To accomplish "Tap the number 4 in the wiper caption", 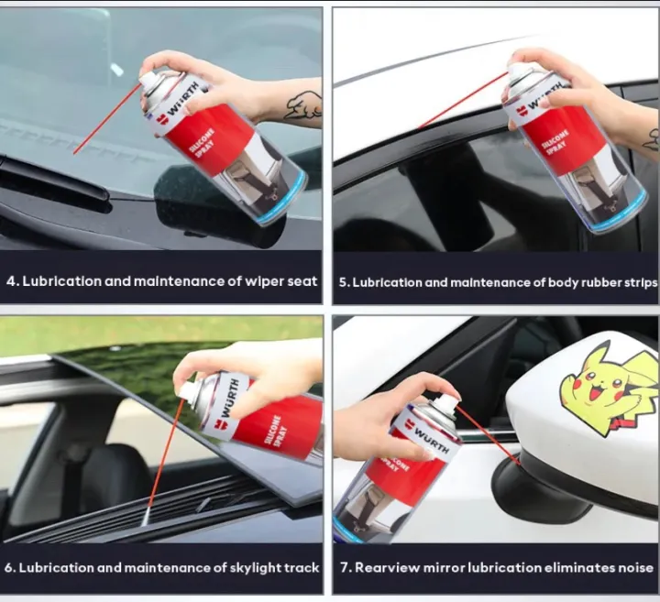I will tap(12, 281).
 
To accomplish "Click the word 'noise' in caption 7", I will tap(631, 567).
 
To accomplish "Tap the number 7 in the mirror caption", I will tap(345, 567).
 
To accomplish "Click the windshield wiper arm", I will tap(55, 175).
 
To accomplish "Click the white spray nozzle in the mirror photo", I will tap(445, 404).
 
